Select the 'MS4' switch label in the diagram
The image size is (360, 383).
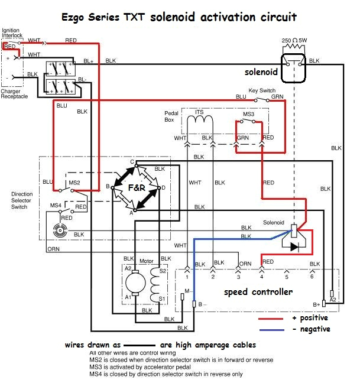(x=55, y=205)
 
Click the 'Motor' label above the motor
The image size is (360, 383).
(x=146, y=261)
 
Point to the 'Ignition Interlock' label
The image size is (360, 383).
(x=11, y=33)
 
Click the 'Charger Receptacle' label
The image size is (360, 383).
(x=14, y=93)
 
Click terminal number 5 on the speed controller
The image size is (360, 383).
(x=287, y=277)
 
